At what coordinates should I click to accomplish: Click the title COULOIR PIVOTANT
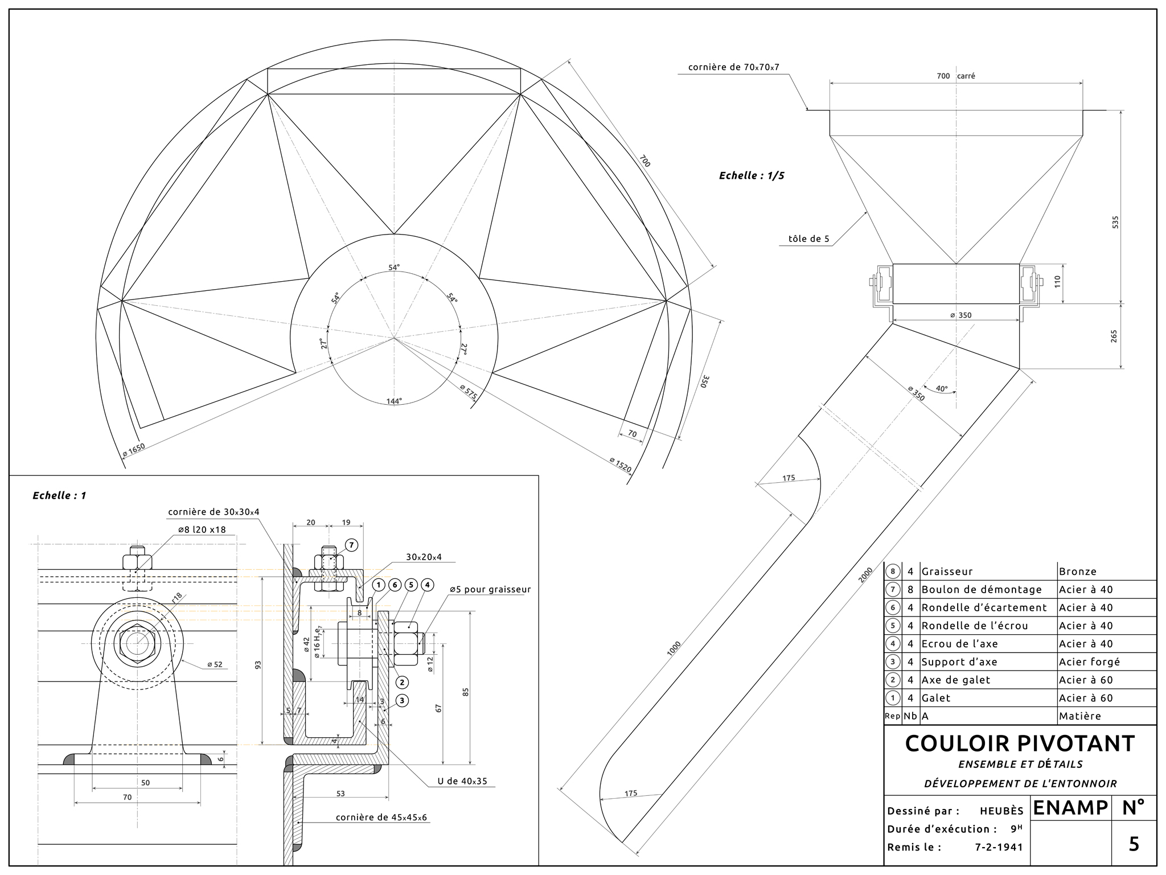coord(1020,743)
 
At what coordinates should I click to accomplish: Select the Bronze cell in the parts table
coord(1077,572)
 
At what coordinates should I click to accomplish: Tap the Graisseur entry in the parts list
coord(947,572)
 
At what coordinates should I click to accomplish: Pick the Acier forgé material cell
coord(1089,662)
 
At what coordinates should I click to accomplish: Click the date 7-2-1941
coord(999,847)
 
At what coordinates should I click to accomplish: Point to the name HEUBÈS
coord(1001,811)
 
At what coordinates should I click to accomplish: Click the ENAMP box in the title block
coord(1070,808)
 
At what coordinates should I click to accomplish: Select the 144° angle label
coord(394,401)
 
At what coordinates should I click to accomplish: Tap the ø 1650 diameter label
coord(134,450)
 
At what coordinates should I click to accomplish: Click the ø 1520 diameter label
coord(620,465)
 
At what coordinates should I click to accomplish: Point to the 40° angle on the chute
coord(942,389)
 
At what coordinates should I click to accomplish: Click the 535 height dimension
coord(1115,222)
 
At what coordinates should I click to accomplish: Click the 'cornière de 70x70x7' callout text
coord(733,67)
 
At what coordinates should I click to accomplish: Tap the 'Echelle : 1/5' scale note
coord(751,176)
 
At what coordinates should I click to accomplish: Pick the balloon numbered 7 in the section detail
coord(351,545)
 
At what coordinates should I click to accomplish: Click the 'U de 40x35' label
coord(462,781)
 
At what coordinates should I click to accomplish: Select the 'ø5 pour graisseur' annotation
coord(490,590)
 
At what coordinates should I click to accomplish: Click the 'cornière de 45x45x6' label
coord(381,818)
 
